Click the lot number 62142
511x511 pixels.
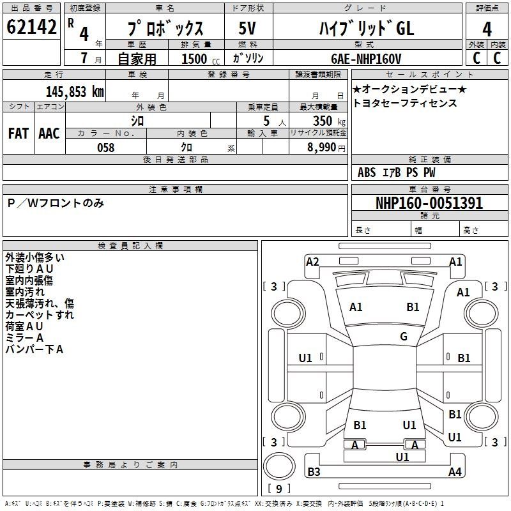[x=31, y=27]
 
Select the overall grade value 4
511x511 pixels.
[x=487, y=29]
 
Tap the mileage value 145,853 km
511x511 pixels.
[x=75, y=91]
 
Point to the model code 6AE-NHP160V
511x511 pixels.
[x=366, y=59]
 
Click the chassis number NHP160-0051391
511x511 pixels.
[x=429, y=203]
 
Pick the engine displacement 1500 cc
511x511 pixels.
[x=201, y=59]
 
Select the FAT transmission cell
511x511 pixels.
[x=19, y=133]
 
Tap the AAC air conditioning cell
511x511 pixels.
[x=49, y=133]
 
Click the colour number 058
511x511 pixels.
[x=105, y=148]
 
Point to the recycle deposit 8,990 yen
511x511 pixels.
[x=326, y=148]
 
